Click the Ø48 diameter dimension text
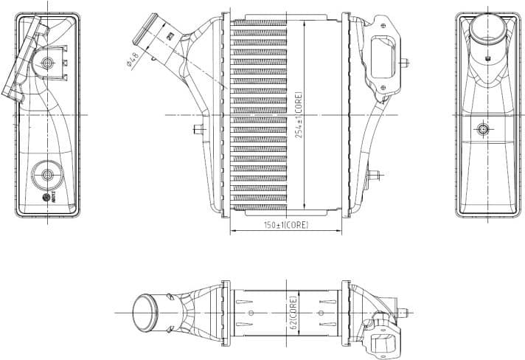coord(133,58)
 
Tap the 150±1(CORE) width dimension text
coord(286,224)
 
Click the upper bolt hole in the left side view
coord(49,62)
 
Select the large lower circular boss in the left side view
coord(49,175)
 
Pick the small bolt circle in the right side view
coord(483,129)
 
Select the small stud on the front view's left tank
coord(198,130)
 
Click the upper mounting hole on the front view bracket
coord(384,25)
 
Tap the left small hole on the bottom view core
coord(251,313)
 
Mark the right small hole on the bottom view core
coord(321,313)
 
